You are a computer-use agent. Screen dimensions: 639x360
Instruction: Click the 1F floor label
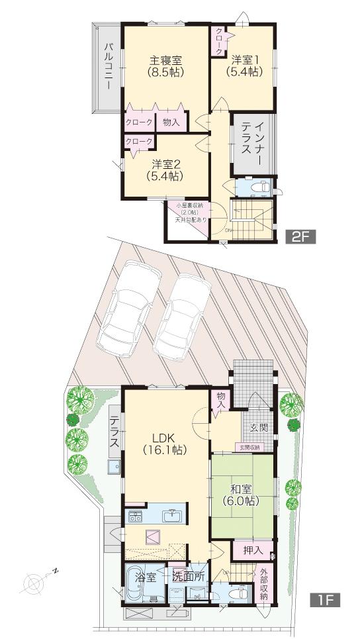click(326, 601)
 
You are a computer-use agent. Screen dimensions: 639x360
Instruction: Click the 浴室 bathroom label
click(146, 577)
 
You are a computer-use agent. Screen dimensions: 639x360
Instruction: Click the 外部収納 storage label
click(264, 583)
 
